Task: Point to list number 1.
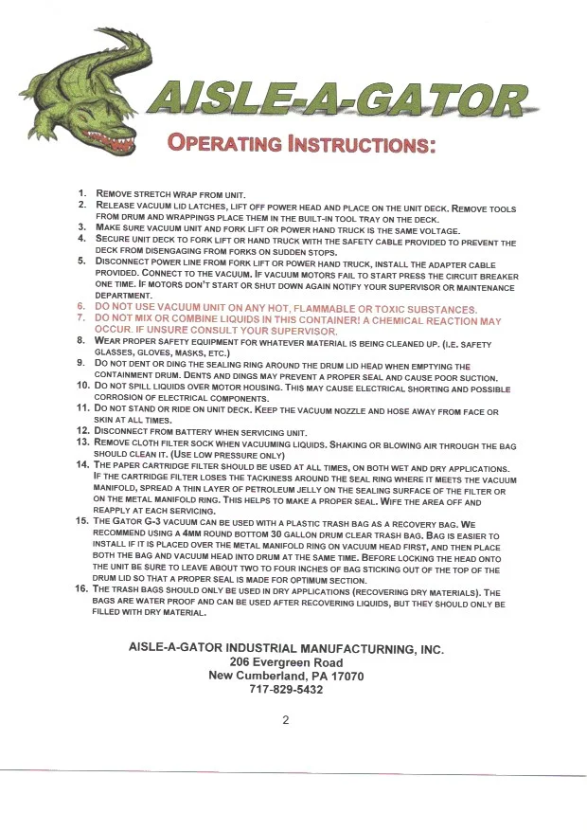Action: pos(82,193)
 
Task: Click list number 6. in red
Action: pos(82,309)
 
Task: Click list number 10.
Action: pos(81,388)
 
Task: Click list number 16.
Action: pos(81,589)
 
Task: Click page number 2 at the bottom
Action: pos(285,719)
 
